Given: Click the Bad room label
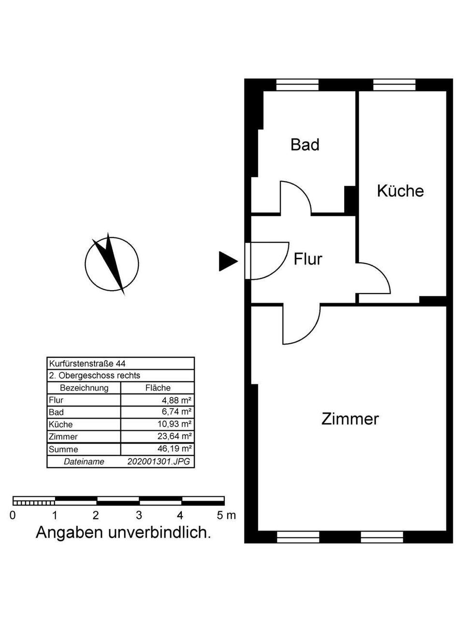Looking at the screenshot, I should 304,144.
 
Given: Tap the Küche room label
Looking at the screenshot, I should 400,191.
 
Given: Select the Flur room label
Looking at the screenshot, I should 308,259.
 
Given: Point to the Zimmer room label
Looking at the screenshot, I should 350,419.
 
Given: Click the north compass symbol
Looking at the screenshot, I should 112,264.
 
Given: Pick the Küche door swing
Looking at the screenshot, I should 373,278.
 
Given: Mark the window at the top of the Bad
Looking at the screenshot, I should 297,85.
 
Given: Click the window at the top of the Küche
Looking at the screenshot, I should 394,85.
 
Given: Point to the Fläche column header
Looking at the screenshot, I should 158,388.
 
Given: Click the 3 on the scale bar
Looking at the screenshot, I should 139,515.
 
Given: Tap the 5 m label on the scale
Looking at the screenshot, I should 226,515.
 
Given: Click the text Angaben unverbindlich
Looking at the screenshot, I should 123,533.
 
